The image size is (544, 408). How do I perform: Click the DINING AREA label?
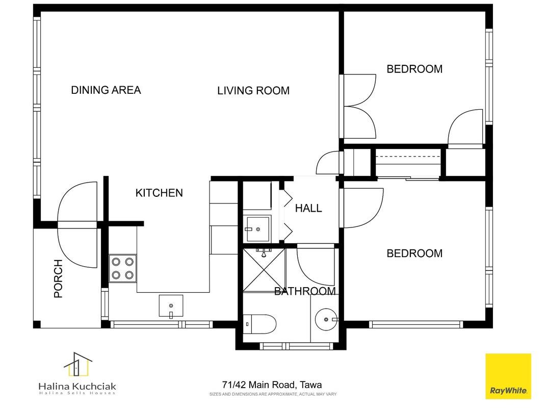(x=106, y=90)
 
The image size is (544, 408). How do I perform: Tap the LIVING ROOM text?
(x=253, y=91)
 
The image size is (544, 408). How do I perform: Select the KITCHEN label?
(x=159, y=193)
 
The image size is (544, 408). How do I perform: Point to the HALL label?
(x=308, y=208)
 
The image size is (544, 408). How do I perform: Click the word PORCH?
(x=58, y=278)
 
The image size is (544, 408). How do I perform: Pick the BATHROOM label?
(x=305, y=291)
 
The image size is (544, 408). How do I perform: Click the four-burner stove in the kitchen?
(x=122, y=269)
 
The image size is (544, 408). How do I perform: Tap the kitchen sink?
(x=171, y=306)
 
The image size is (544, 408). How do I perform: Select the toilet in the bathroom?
(x=260, y=324)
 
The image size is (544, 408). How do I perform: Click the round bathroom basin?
(x=326, y=319)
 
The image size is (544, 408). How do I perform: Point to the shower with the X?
(x=264, y=270)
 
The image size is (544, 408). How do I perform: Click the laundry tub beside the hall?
(x=258, y=229)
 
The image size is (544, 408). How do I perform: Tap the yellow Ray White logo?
(x=508, y=376)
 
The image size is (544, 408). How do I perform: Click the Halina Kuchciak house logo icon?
(x=78, y=364)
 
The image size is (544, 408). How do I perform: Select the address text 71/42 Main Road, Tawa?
(x=272, y=385)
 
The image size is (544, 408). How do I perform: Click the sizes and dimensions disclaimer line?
(x=273, y=394)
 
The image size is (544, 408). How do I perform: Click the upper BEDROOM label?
(x=415, y=69)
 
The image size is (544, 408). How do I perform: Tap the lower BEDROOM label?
(x=415, y=253)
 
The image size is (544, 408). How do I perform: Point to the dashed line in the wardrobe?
(x=408, y=157)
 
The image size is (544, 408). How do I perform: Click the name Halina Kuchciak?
(x=77, y=386)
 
